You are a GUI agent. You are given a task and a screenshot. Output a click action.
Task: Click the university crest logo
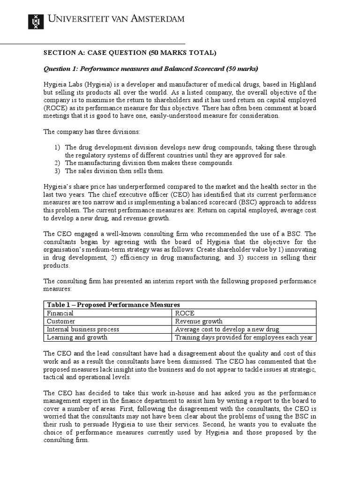click(x=36, y=19)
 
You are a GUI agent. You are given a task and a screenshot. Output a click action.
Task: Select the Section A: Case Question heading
click(x=130, y=52)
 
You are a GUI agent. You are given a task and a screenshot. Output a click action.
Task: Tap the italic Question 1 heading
click(x=150, y=69)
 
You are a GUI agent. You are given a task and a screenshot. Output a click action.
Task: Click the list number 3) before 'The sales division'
click(x=57, y=171)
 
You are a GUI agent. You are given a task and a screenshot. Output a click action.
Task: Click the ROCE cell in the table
click(x=185, y=313)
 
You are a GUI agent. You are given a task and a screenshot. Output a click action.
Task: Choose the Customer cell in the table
click(x=61, y=322)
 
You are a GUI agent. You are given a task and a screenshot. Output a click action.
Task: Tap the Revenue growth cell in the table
click(x=199, y=322)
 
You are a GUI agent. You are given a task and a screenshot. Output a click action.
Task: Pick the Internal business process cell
click(x=82, y=330)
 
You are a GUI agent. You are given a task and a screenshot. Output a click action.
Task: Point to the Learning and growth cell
click(x=77, y=337)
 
